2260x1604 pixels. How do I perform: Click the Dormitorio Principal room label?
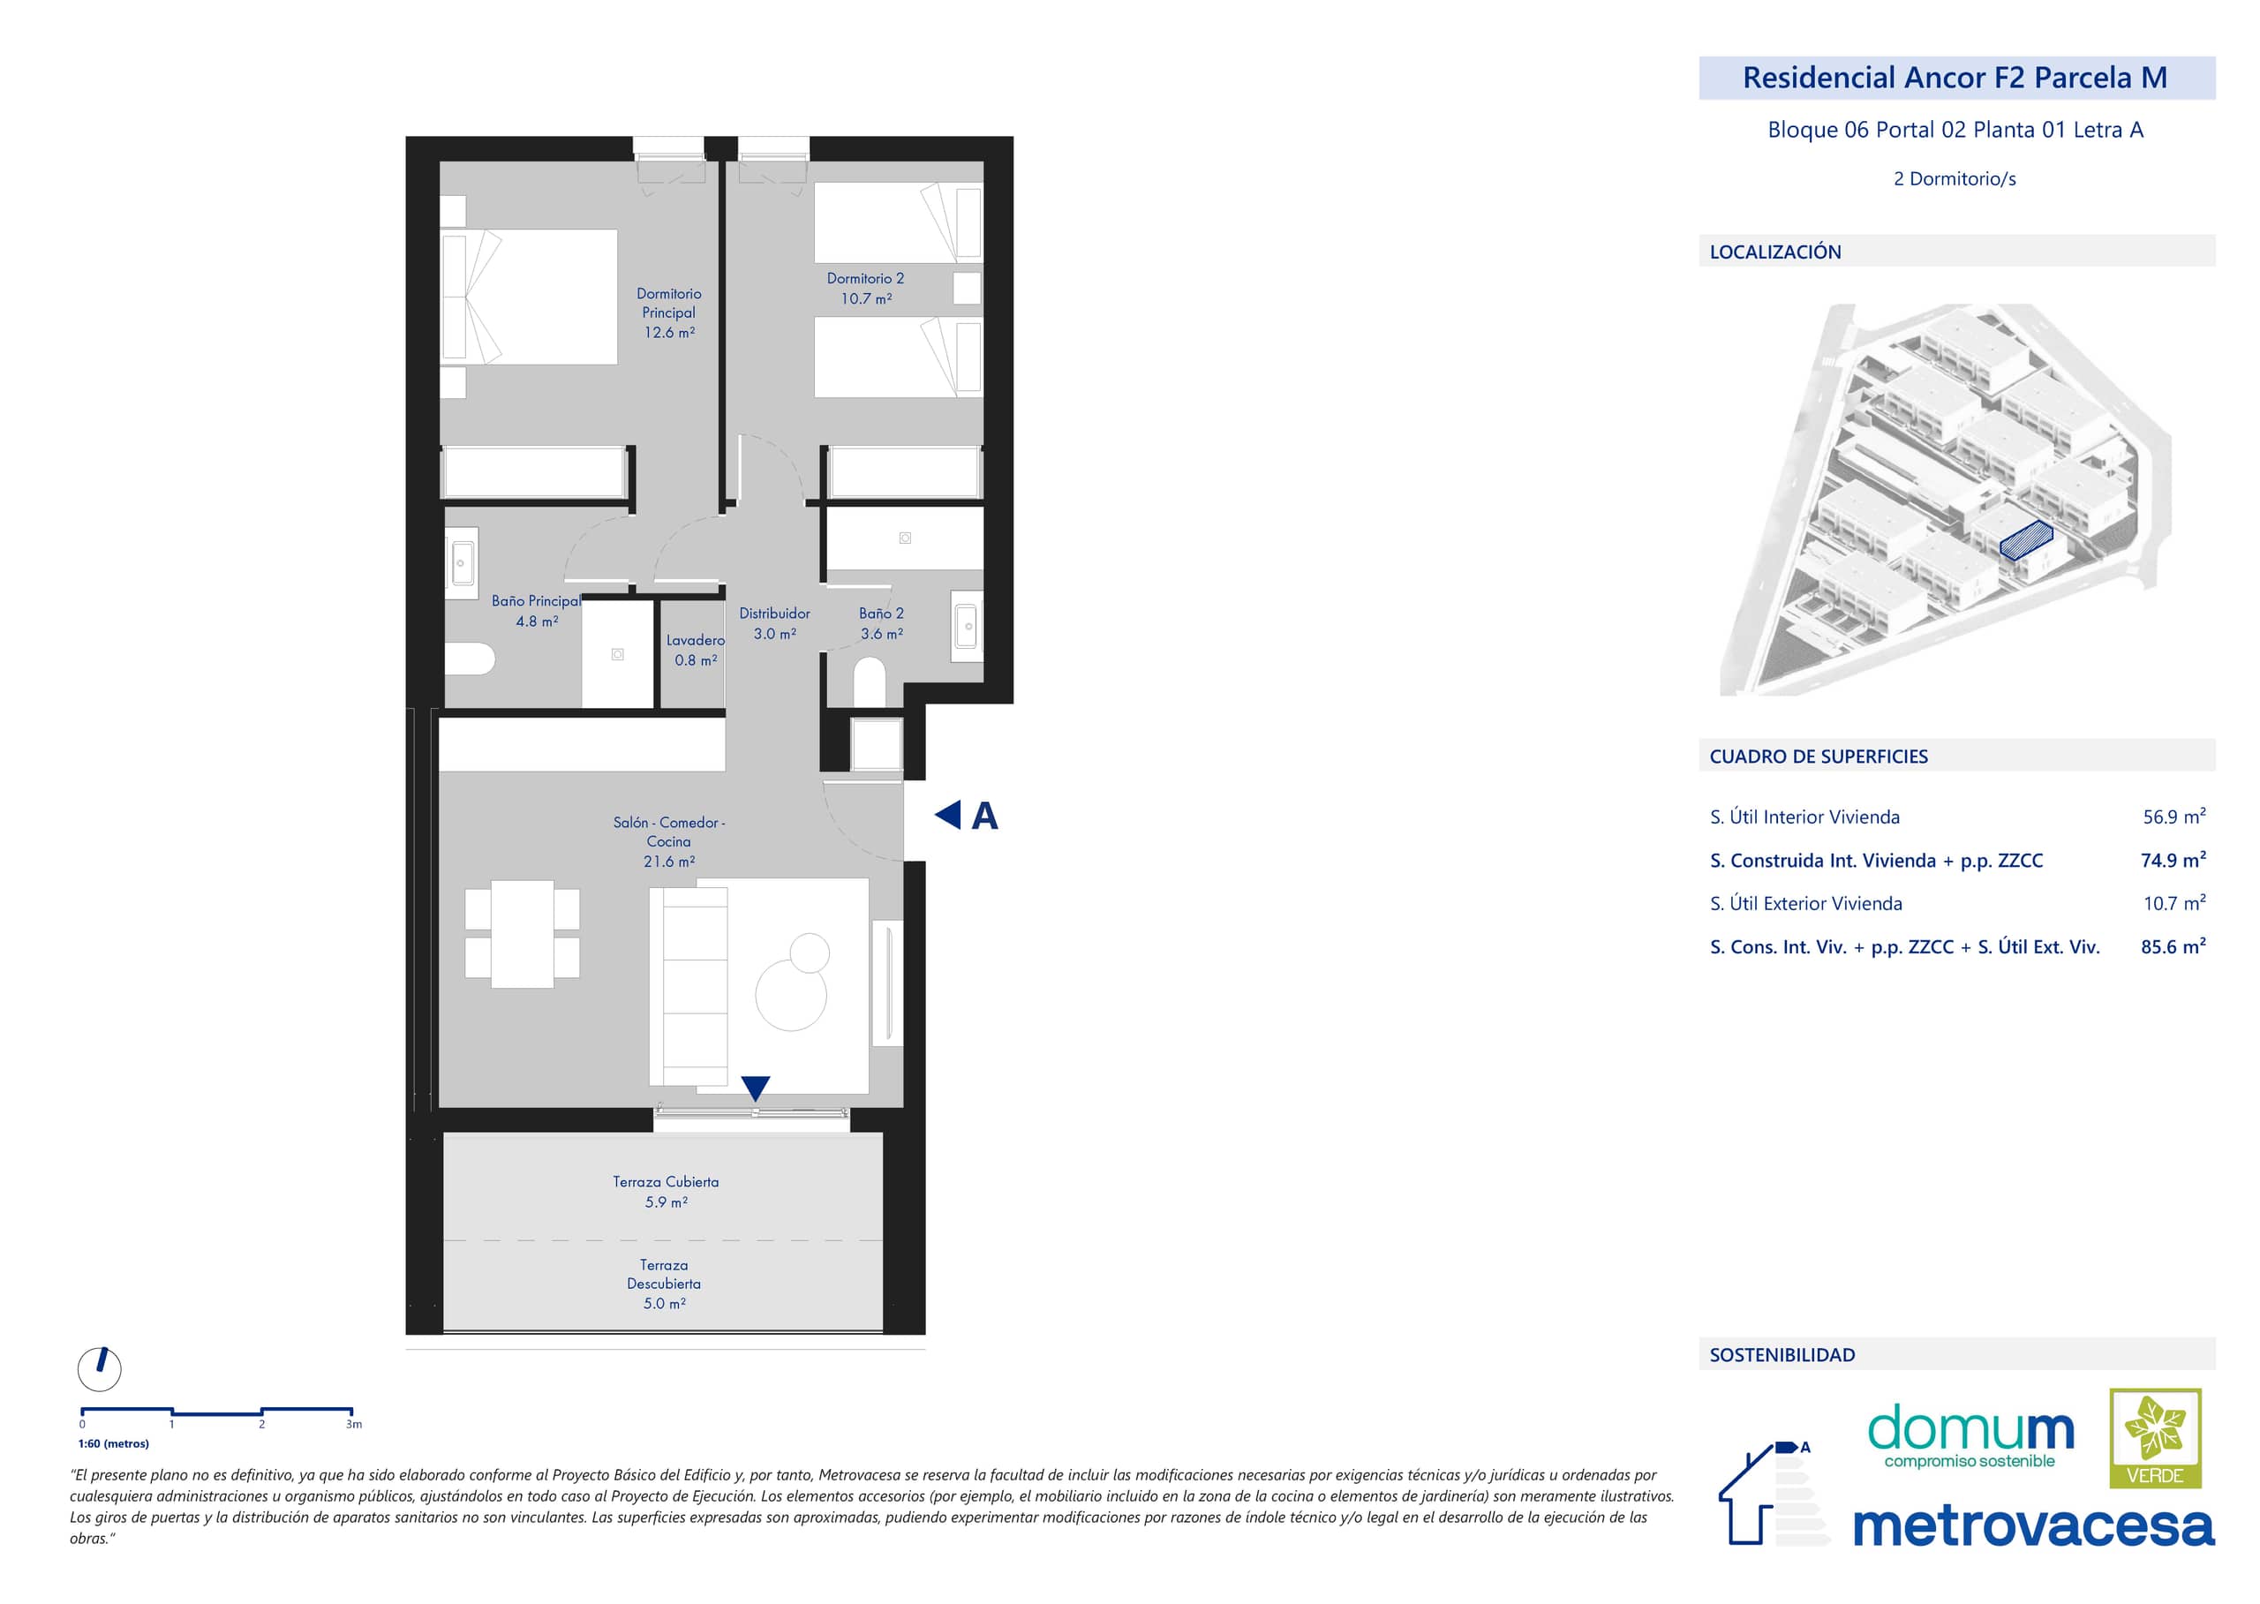point(668,303)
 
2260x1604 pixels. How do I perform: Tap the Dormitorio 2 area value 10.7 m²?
point(866,298)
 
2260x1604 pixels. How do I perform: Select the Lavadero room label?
point(696,640)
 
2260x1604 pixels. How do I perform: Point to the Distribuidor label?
point(774,614)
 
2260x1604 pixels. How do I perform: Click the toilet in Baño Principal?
point(469,659)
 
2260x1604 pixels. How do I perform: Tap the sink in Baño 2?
point(966,626)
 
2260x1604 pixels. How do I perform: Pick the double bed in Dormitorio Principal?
point(530,297)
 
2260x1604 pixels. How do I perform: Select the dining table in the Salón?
point(523,934)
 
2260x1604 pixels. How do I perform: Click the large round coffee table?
point(791,996)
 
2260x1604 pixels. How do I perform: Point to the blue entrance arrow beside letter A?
point(947,815)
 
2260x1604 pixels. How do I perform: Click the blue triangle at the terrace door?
point(756,1088)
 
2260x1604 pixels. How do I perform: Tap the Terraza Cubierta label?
point(666,1181)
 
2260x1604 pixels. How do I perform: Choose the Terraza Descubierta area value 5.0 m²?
point(665,1304)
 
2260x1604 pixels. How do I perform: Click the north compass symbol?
point(100,1369)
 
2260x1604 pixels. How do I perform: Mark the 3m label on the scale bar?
point(354,1424)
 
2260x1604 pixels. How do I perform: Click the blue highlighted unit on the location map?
point(2026,541)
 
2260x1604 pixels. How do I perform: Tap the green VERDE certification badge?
point(2155,1438)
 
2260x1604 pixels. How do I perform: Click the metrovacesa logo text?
point(2033,1527)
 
